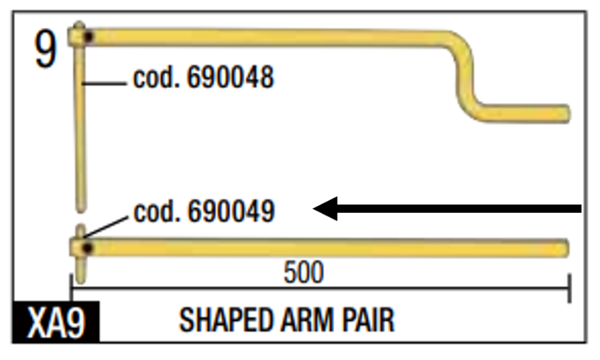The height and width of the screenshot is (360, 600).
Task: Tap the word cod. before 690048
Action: (x=155, y=78)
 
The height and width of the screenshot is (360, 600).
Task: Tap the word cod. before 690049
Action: (x=155, y=212)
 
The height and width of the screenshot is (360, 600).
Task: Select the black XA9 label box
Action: (x=57, y=323)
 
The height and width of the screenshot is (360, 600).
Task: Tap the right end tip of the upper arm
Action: (x=565, y=112)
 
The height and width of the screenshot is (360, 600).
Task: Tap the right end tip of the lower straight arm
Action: (x=565, y=247)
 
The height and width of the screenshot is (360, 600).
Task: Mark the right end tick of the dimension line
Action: (x=569, y=289)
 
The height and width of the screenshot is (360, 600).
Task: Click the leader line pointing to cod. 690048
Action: (x=106, y=84)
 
